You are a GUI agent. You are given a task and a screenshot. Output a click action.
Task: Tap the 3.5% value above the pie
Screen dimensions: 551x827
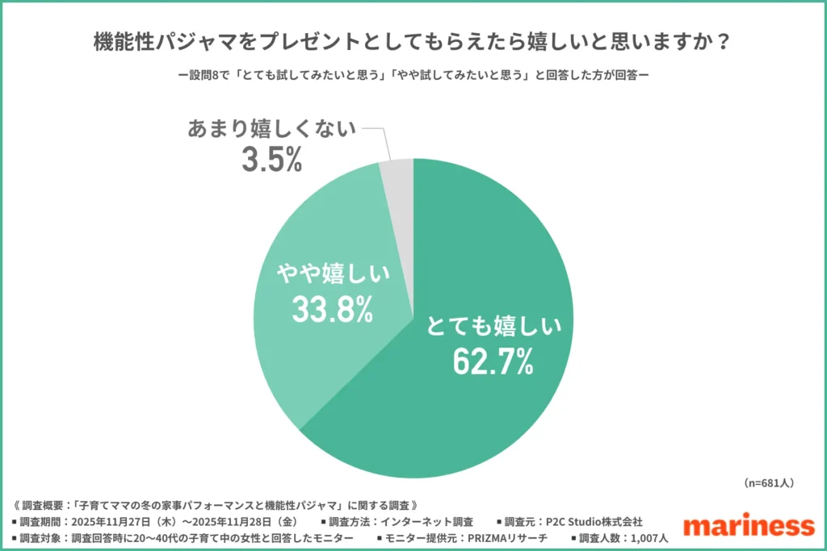pyautogui.click(x=271, y=160)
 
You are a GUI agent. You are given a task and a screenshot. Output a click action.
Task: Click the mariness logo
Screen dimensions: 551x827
pyautogui.click(x=748, y=525)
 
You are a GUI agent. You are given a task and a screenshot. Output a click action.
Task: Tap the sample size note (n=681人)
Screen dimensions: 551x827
pyautogui.click(x=768, y=482)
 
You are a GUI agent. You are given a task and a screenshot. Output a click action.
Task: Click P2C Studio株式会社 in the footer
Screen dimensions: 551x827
pyautogui.click(x=593, y=522)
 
